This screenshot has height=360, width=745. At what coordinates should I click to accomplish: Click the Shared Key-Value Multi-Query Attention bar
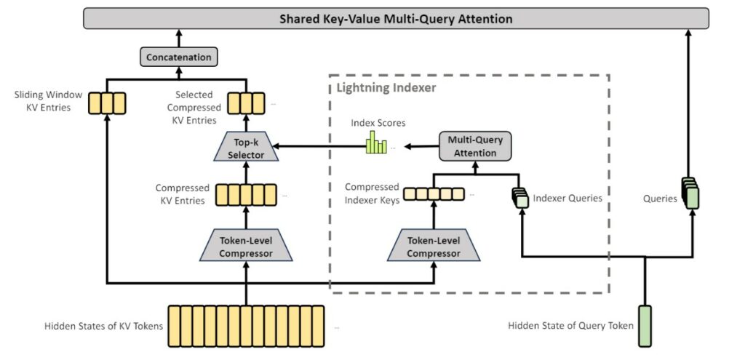click(397, 18)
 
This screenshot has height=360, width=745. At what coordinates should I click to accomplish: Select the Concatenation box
click(178, 57)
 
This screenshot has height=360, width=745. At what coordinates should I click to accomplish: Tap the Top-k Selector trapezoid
click(245, 148)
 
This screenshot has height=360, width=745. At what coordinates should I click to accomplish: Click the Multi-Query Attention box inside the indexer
click(476, 146)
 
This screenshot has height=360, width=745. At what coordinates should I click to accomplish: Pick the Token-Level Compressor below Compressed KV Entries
click(245, 244)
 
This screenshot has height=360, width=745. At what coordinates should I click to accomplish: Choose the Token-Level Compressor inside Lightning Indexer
click(434, 244)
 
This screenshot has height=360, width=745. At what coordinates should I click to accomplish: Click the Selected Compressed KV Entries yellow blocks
click(245, 102)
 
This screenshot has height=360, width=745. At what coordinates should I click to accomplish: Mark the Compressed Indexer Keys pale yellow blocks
click(434, 193)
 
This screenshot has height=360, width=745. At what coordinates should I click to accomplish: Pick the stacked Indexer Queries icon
click(519, 197)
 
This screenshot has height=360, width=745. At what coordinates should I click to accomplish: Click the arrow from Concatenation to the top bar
click(178, 38)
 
